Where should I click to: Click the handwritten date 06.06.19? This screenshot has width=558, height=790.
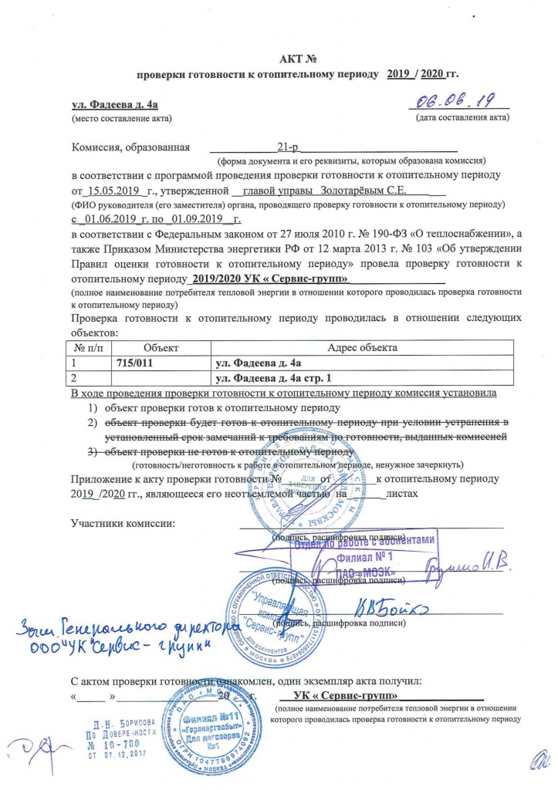coord(457,100)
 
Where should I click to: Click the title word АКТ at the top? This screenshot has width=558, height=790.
coord(289,59)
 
